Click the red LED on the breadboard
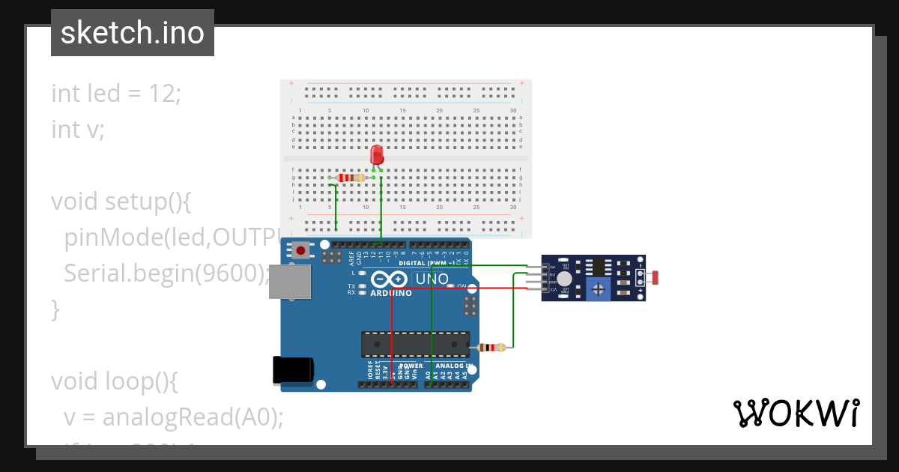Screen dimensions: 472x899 pos(377,155)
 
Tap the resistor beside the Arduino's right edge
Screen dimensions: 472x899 pos(491,347)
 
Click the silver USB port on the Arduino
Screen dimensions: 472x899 pos(290,281)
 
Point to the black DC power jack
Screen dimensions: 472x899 pos(293,369)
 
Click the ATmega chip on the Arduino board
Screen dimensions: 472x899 pos(415,344)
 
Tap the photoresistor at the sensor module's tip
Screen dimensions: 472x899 pos(654,278)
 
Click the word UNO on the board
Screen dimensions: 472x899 pos(432,279)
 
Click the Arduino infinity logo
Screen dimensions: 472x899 pos(389,279)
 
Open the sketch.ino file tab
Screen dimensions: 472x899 pos(133,33)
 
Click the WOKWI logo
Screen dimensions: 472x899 pos(796,413)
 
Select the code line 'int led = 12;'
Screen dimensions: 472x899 pos(116,94)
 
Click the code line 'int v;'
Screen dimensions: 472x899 pos(78,129)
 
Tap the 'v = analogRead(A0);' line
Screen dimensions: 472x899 pos(173,417)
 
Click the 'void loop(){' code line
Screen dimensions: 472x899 pos(114,381)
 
